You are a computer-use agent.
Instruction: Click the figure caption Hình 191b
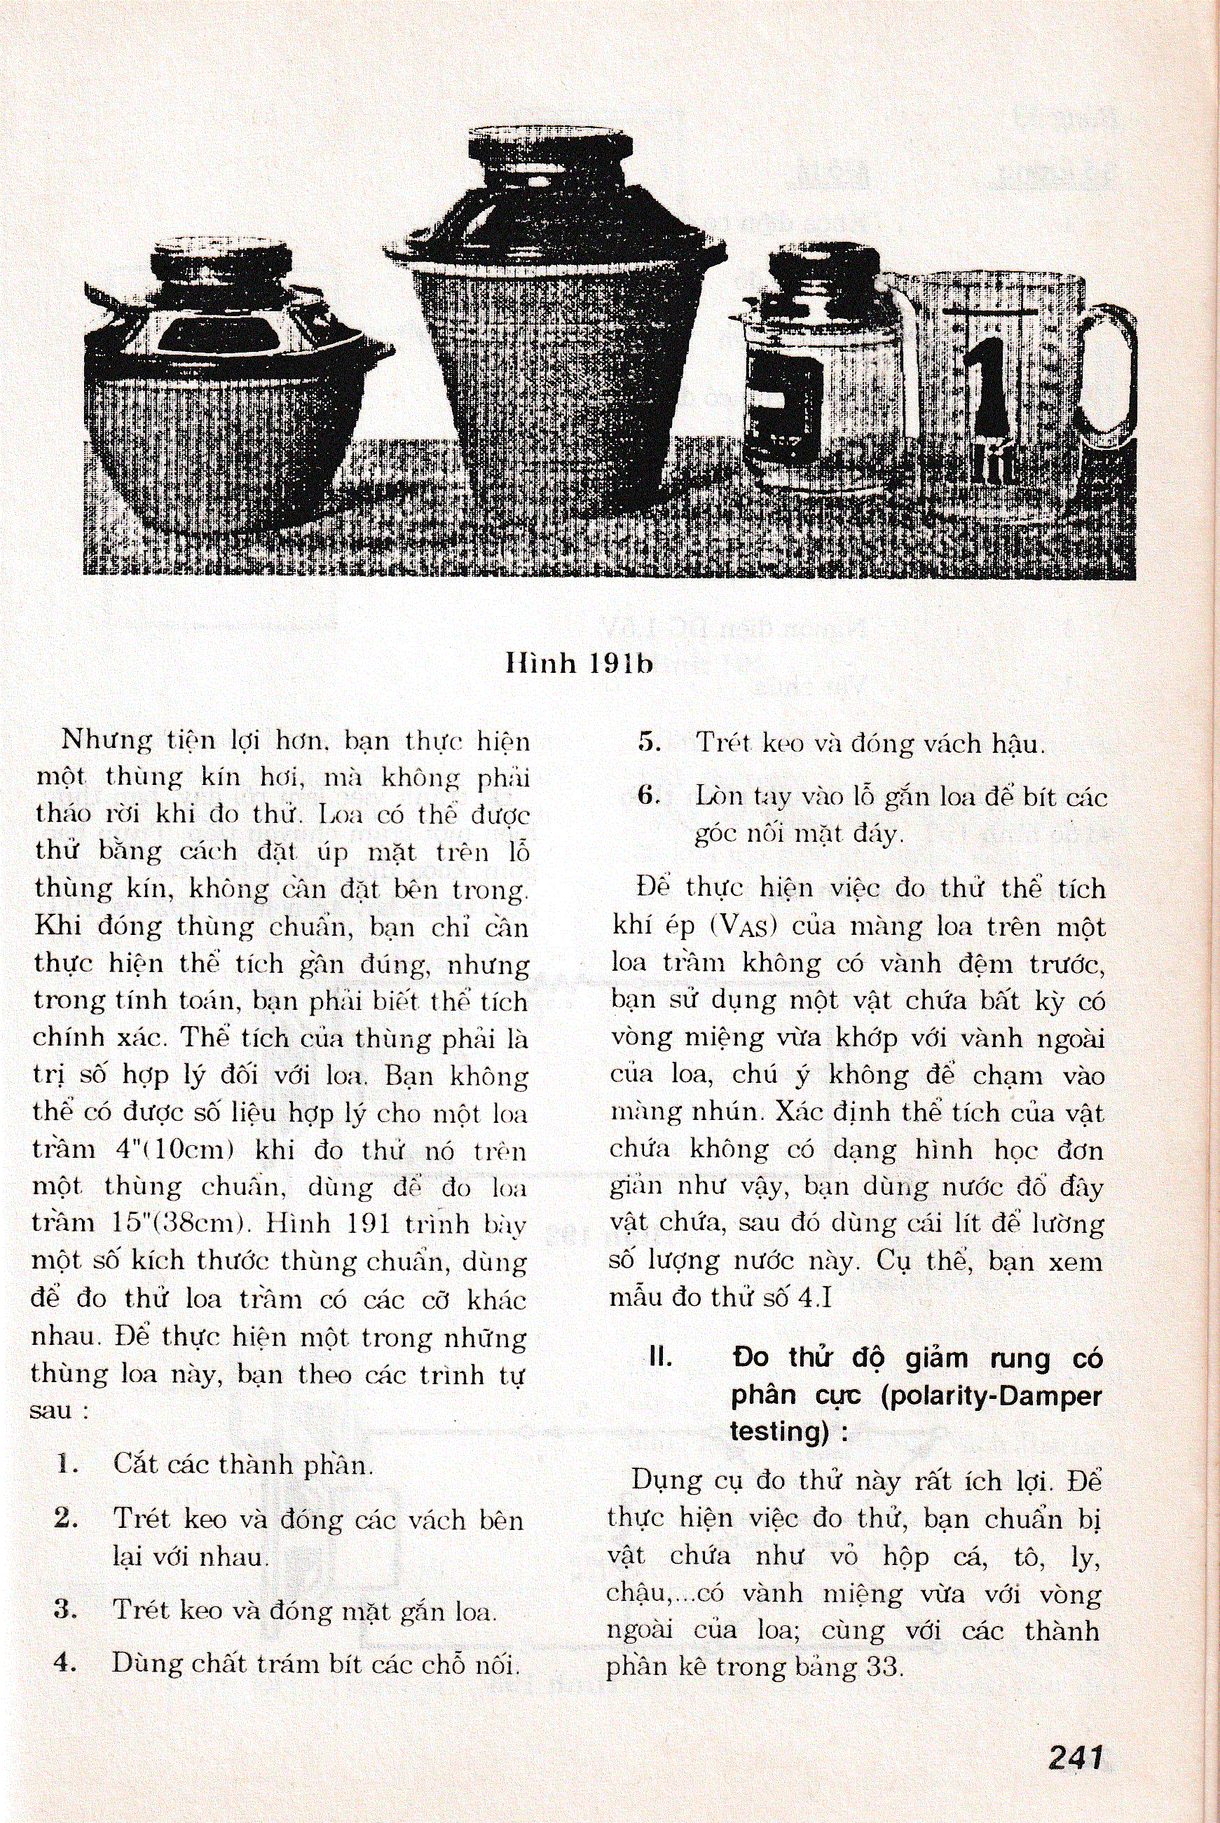[x=579, y=663]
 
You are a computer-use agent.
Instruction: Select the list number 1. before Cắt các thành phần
[x=69, y=1465]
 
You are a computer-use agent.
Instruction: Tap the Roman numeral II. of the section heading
[x=662, y=1358]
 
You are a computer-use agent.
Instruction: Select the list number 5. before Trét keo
[x=649, y=742]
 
